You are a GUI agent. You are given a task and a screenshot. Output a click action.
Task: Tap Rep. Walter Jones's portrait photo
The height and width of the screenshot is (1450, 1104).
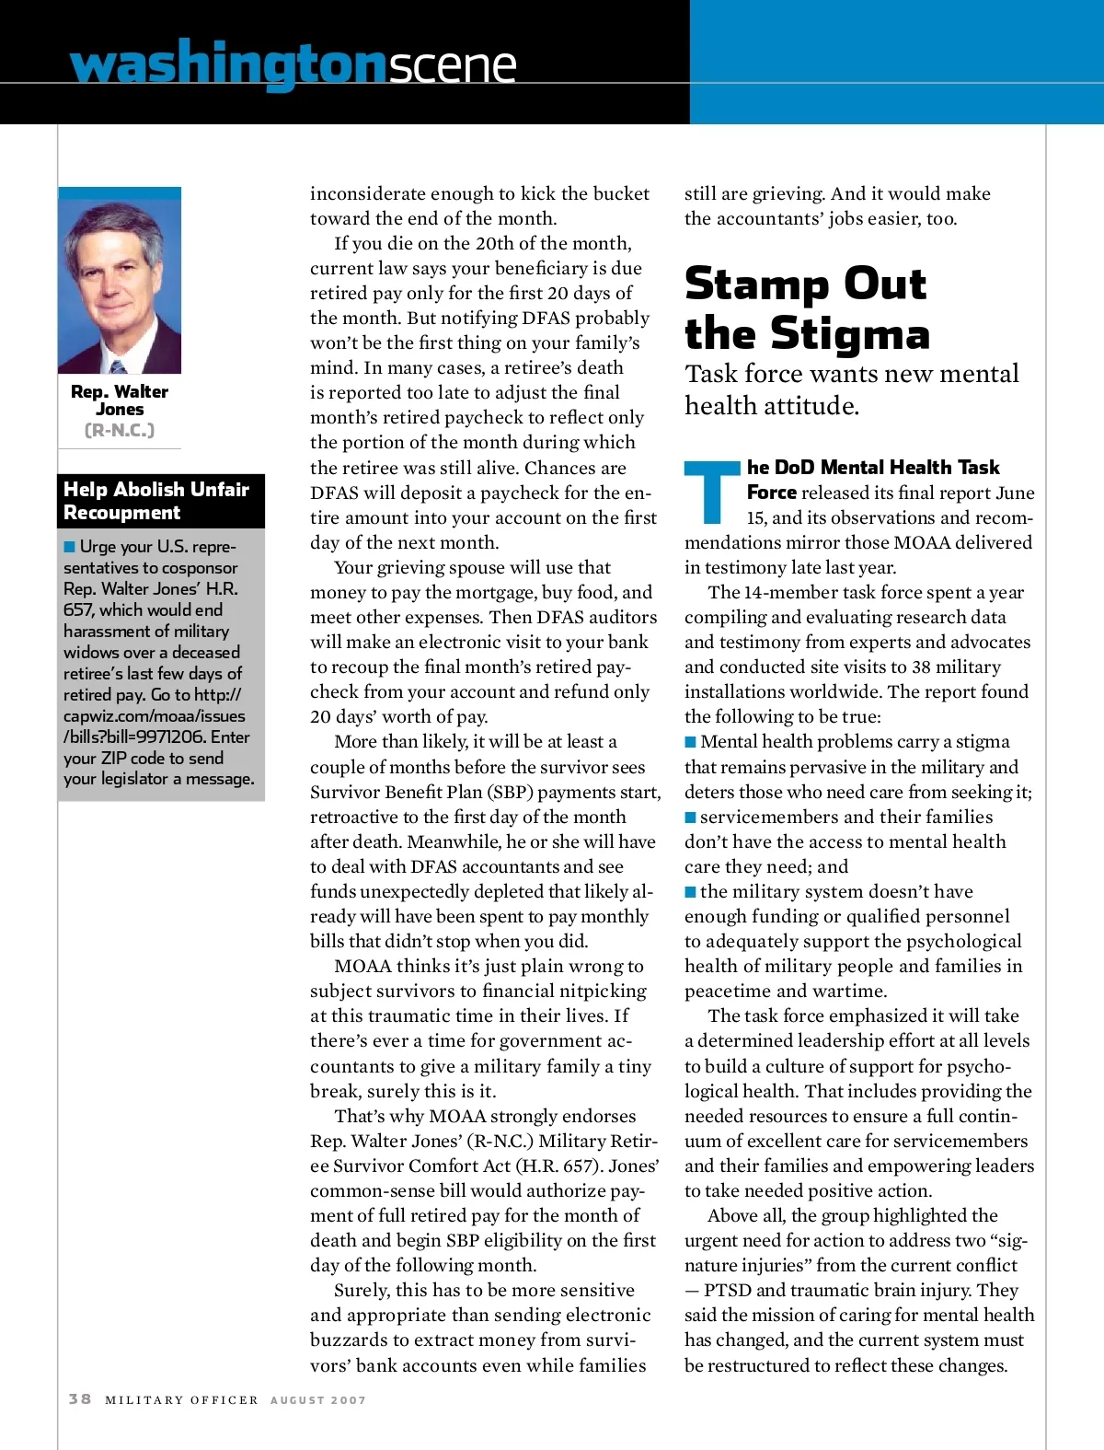point(120,285)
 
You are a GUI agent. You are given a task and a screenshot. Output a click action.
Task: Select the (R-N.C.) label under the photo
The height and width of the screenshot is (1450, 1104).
point(120,430)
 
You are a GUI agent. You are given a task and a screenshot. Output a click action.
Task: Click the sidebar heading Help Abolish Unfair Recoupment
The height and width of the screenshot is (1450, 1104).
point(156,501)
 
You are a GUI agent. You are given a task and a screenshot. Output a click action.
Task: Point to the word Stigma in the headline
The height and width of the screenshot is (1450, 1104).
point(850,333)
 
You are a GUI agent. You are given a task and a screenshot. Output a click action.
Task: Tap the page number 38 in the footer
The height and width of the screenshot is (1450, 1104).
point(80,1398)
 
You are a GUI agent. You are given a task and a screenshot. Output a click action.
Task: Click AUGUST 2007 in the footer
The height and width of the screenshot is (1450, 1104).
point(317,1400)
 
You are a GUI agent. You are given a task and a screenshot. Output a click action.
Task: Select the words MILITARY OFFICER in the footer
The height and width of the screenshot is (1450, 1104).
point(181,1400)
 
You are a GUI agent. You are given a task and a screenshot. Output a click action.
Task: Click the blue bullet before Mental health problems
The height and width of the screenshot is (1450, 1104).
point(690,742)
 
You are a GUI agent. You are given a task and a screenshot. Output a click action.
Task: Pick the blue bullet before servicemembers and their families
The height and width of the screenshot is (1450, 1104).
point(690,818)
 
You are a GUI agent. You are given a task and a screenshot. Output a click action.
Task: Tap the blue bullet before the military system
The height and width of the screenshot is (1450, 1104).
point(690,892)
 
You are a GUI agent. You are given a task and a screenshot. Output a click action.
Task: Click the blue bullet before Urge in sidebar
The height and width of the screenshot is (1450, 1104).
point(70,547)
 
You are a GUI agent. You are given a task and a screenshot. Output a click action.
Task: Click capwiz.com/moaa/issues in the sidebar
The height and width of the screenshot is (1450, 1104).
point(154,716)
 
